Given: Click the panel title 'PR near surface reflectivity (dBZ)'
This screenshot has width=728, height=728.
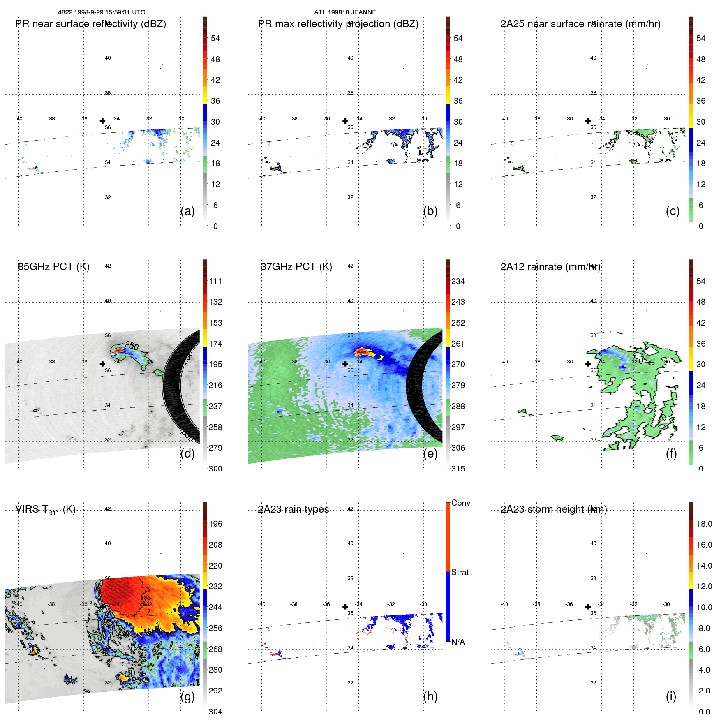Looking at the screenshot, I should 90,24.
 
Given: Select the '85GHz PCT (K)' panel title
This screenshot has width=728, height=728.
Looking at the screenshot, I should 53,267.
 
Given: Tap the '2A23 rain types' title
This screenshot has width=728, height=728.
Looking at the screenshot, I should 293,509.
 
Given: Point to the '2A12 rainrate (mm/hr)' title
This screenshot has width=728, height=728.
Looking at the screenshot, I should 550,267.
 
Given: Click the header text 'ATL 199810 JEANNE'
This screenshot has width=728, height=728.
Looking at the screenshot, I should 345,12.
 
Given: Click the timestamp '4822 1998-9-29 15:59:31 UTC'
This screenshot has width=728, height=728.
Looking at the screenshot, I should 101,12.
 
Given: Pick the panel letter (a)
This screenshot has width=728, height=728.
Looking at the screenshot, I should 187,211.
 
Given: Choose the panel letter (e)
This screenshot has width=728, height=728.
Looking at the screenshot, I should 430,453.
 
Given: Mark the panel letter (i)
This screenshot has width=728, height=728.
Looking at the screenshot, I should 671,696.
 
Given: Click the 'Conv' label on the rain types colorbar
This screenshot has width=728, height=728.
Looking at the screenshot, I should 460,503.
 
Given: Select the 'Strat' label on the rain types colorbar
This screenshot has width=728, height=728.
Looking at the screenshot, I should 460,572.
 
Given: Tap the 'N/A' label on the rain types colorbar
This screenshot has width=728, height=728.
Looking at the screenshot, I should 458,642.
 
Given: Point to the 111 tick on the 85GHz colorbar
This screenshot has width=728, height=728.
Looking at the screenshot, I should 215,281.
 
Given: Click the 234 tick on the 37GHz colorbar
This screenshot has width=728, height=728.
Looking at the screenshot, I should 458,281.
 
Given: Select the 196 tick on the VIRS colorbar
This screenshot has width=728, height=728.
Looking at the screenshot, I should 215,524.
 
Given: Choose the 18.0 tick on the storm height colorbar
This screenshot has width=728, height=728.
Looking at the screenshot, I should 704,524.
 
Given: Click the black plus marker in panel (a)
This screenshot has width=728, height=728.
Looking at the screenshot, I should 102,121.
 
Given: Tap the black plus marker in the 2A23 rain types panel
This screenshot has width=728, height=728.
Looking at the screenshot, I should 345,606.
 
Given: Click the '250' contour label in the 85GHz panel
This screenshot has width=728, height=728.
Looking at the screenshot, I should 132,346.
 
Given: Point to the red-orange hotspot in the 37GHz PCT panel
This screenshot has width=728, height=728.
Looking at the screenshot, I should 362,351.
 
